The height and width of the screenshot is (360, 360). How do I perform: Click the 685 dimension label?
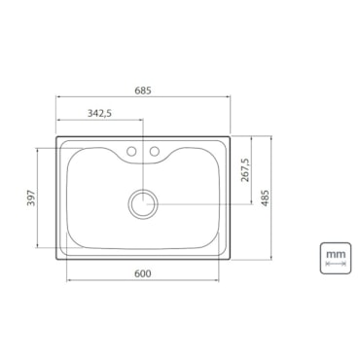[143, 90]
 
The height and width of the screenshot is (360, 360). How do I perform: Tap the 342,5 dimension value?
[99, 113]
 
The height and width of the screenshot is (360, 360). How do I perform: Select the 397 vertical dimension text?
[31, 198]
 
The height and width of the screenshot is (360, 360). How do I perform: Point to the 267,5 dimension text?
[245, 170]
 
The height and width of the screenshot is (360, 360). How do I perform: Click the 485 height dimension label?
[266, 198]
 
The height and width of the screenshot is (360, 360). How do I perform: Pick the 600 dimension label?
[143, 273]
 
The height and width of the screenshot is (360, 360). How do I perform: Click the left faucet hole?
[131, 151]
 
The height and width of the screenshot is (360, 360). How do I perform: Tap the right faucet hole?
[155, 151]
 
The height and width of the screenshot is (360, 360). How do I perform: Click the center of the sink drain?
[143, 204]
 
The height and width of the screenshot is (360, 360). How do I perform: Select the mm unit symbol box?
[336, 258]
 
